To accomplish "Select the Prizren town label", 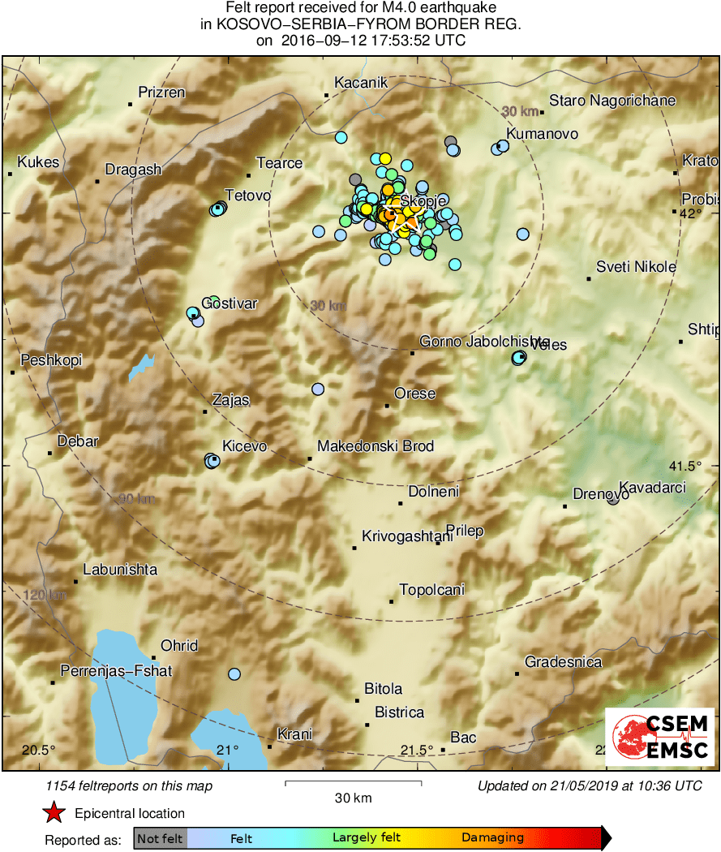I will click(x=161, y=93).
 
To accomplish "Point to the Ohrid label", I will click(x=179, y=646).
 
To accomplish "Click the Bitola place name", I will click(x=383, y=689).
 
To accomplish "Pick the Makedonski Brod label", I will click(x=376, y=446).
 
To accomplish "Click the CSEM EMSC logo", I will click(x=659, y=737).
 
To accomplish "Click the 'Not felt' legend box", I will click(x=160, y=838).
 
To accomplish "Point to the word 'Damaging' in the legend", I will click(x=492, y=838).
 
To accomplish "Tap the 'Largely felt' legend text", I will click(x=367, y=838).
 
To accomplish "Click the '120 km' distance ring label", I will click(x=45, y=596).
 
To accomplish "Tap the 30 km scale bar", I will click(x=353, y=784).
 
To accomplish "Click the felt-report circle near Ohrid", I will click(x=234, y=673).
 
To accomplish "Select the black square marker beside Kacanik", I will click(x=327, y=95).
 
